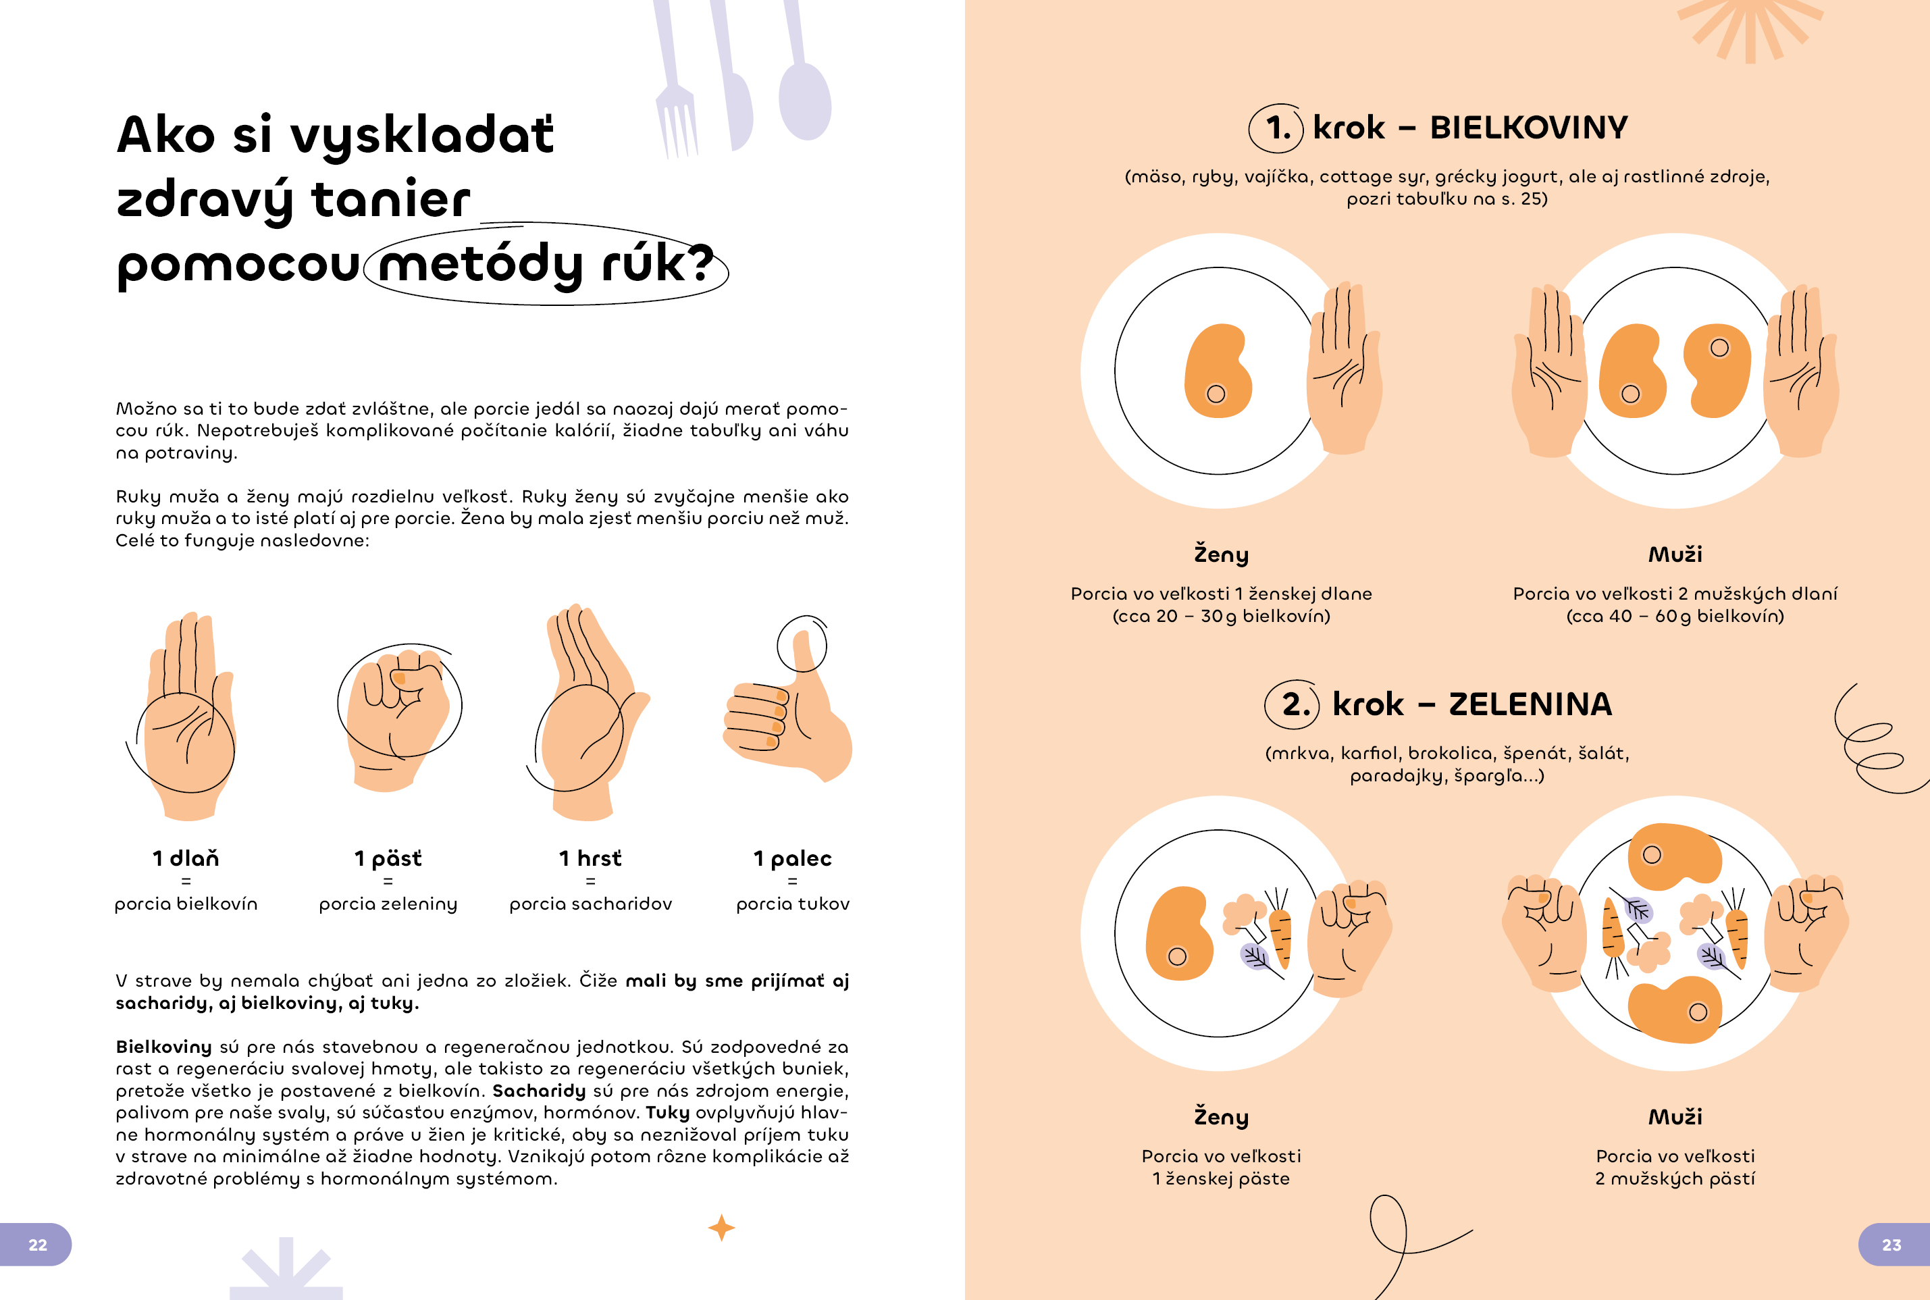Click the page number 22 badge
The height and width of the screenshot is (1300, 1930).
(x=36, y=1245)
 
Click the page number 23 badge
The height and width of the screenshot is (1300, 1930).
(x=1892, y=1245)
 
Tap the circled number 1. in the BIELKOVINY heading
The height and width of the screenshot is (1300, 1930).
(x=1277, y=128)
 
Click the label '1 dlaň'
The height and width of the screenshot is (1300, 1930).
(x=186, y=858)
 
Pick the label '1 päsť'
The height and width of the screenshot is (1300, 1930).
(x=388, y=858)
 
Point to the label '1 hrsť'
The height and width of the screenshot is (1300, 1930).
(x=590, y=858)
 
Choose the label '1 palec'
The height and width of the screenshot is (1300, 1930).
(x=793, y=858)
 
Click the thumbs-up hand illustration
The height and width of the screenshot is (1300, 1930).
(x=787, y=713)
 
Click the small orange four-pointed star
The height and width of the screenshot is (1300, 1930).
(x=721, y=1227)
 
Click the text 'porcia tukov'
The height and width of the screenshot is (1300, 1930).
(x=793, y=904)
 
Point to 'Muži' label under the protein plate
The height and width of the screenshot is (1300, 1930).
(x=1675, y=554)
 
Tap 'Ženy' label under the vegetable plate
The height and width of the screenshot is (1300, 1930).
(x=1220, y=1117)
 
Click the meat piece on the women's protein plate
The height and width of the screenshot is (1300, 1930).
(x=1216, y=371)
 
